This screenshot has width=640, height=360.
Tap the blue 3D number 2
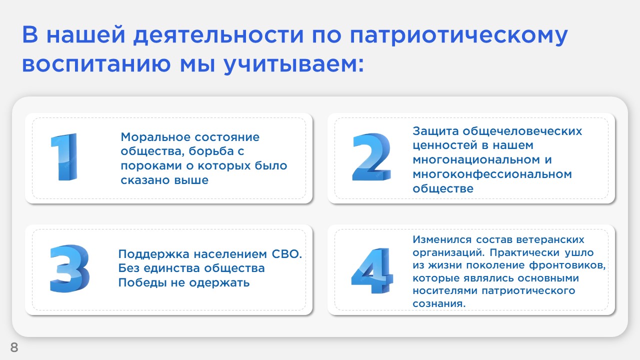371,157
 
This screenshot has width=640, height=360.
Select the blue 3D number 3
69,268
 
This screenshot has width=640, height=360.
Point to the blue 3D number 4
372,270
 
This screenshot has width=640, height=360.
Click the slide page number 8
14,347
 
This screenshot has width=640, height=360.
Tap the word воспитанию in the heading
96,64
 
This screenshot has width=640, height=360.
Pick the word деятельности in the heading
218,35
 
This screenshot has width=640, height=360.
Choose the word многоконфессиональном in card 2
492,174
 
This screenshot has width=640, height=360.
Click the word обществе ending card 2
443,188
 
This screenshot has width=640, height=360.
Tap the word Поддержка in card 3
154,254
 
